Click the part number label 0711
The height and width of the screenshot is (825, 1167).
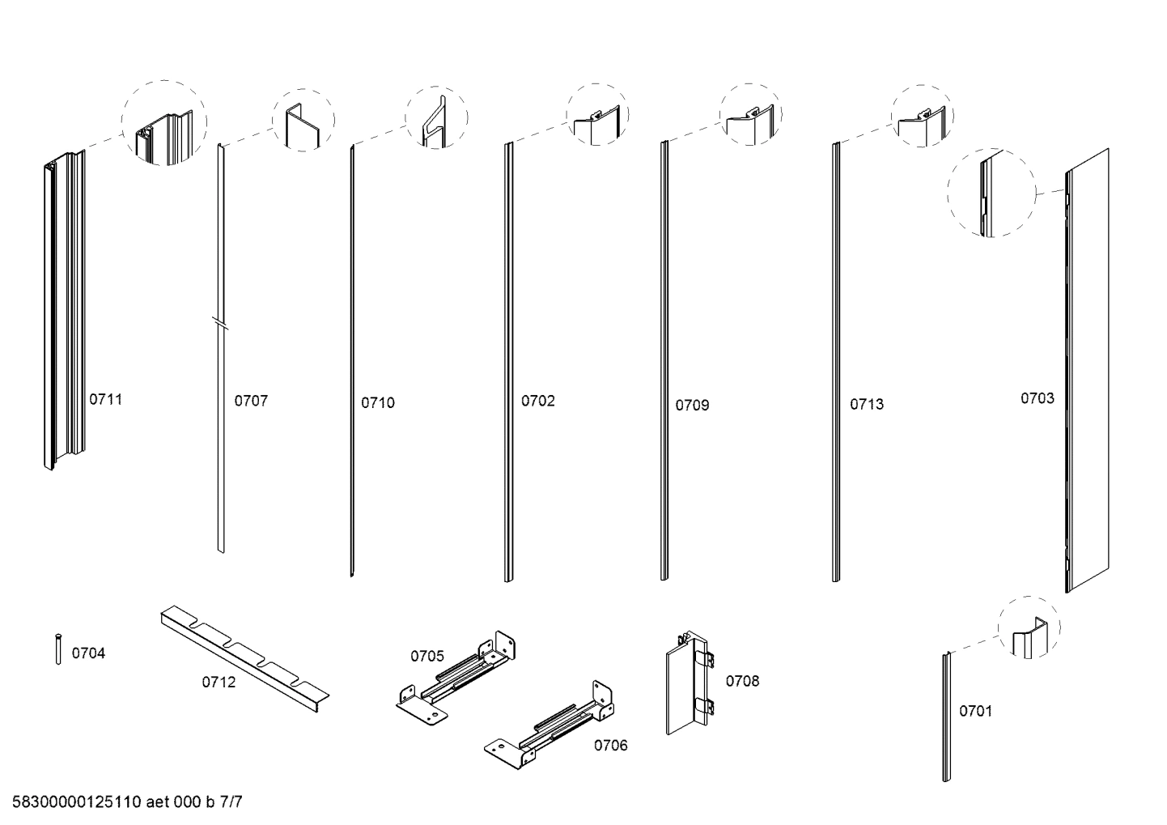point(105,399)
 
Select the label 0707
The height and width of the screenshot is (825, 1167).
point(251,401)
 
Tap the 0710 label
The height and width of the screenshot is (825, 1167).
point(378,402)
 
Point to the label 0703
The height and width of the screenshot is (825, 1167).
point(1037,398)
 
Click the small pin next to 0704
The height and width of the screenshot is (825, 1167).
point(58,649)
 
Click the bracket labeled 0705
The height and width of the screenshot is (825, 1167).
point(458,674)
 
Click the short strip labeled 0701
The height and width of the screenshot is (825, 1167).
point(945,717)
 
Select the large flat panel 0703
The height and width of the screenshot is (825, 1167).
point(1087,371)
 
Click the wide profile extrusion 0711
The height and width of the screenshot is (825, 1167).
point(63,312)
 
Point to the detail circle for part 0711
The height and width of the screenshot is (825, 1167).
point(164,123)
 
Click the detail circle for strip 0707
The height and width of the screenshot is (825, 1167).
point(303,120)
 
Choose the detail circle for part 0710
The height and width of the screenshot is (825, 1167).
point(436,118)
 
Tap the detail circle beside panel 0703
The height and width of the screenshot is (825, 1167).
point(991,192)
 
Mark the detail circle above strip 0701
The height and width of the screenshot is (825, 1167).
point(1029,627)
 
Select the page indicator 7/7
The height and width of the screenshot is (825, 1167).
point(231,803)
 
